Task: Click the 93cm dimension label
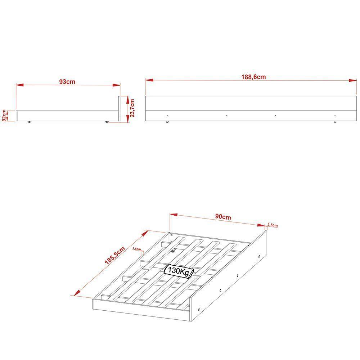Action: coord(67,82)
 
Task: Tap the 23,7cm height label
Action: coord(132,108)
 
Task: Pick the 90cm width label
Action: coord(223,217)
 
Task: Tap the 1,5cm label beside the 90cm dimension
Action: coord(273,225)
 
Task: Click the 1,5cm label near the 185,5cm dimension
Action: coord(136,249)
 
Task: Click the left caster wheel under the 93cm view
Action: coord(29,122)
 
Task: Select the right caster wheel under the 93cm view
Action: coord(107,122)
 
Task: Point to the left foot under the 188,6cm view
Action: coord(167,122)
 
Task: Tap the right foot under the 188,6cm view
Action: coord(335,122)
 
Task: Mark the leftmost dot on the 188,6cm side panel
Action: coord(167,116)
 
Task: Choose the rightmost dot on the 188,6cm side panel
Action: coord(335,116)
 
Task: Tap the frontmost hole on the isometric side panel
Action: coord(199,309)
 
